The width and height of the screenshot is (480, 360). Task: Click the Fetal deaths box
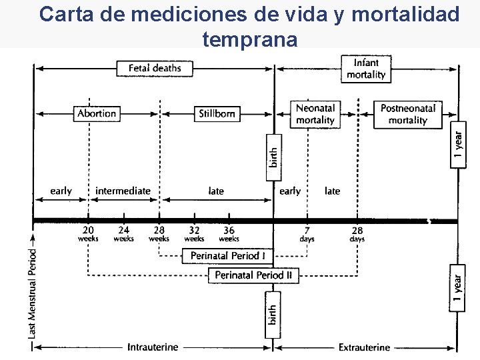pyautogui.click(x=154, y=68)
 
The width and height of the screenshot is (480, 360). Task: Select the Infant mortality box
pyautogui.click(x=366, y=69)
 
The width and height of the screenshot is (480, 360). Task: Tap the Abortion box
pyautogui.click(x=97, y=113)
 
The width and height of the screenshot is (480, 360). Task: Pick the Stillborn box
pyautogui.click(x=217, y=113)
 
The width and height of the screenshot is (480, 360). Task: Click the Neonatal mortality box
pyautogui.click(x=315, y=114)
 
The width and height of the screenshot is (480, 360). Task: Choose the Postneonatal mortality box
pyautogui.click(x=407, y=114)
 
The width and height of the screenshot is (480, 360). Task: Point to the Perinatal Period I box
pyautogui.click(x=227, y=255)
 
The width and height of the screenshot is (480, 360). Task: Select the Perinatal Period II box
pyautogui.click(x=253, y=275)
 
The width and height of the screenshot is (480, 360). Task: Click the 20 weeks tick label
pyautogui.click(x=88, y=233)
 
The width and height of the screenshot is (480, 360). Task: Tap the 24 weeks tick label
pyautogui.click(x=124, y=233)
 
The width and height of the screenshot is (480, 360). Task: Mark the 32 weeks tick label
pyautogui.click(x=194, y=233)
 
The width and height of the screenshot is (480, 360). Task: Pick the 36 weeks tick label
pyautogui.click(x=229, y=233)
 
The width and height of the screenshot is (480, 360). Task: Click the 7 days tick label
pyautogui.click(x=307, y=233)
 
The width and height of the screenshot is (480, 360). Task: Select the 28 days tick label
pyautogui.click(x=357, y=233)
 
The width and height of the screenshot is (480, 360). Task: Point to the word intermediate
pyautogui.click(x=123, y=191)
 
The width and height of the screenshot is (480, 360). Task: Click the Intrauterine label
pyautogui.click(x=153, y=347)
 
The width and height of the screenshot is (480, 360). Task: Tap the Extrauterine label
pyautogui.click(x=364, y=347)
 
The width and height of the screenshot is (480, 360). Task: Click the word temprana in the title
pyautogui.click(x=249, y=39)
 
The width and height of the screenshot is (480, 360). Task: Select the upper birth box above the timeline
pyautogui.click(x=273, y=156)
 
